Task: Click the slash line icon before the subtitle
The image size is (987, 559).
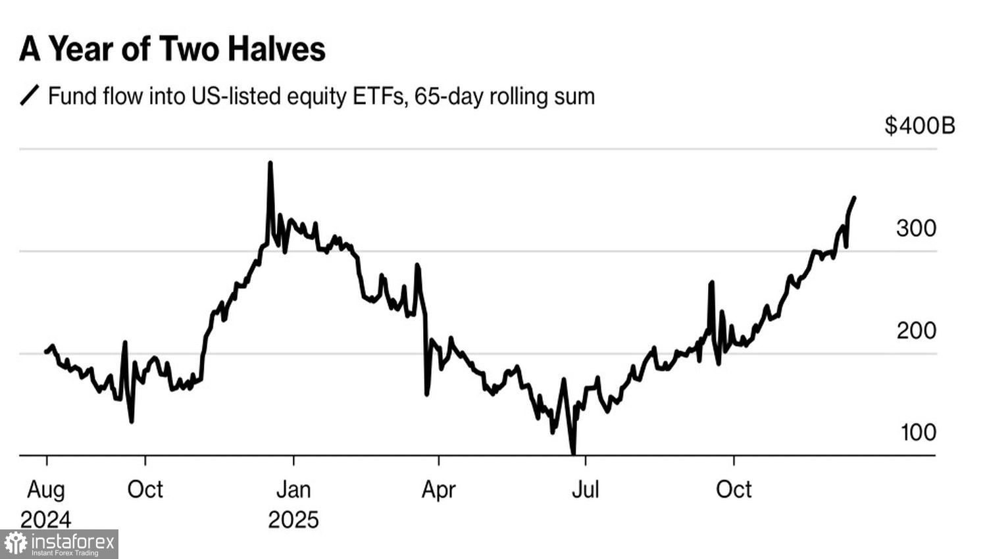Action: click(x=30, y=96)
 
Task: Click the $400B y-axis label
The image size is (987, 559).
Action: click(x=919, y=125)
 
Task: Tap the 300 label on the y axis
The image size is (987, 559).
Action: click(x=916, y=228)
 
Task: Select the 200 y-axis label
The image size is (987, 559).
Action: click(x=916, y=330)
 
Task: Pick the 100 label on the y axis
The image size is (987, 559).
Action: click(x=917, y=432)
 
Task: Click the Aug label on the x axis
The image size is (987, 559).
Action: click(x=46, y=490)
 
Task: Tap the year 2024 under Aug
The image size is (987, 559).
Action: click(x=46, y=520)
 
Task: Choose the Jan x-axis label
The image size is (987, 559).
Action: click(x=293, y=490)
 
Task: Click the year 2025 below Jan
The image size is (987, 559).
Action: click(x=293, y=520)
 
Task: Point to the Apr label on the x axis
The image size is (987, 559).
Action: click(x=438, y=490)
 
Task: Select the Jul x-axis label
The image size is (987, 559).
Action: click(x=585, y=490)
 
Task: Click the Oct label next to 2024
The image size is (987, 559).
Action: click(x=145, y=490)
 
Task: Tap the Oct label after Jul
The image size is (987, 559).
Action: click(x=734, y=490)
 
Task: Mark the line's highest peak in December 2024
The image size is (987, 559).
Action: click(x=270, y=163)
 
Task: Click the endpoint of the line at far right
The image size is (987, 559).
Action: click(x=854, y=197)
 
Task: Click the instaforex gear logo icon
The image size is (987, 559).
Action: click(x=16, y=544)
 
